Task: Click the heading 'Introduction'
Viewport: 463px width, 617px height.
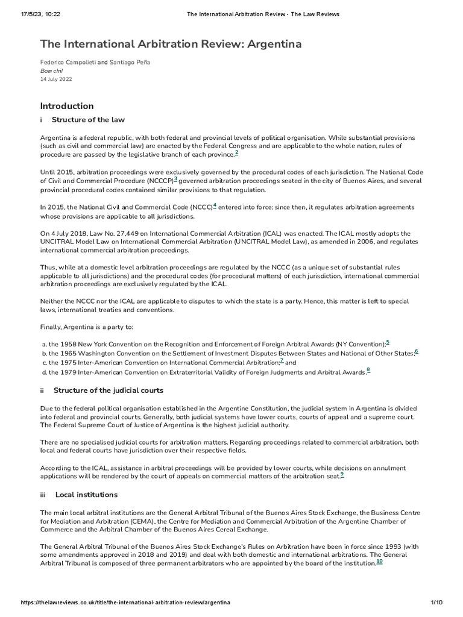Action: tap(66, 106)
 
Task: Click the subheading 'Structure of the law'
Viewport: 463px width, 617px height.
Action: tap(88, 120)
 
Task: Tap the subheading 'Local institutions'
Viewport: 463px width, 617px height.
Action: tap(86, 495)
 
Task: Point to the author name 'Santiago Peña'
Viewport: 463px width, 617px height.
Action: tap(130, 62)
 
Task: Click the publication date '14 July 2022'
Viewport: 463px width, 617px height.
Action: tap(55, 79)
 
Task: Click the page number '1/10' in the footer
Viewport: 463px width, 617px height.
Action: tap(437, 603)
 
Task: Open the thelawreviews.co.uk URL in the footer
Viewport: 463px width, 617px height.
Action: tap(125, 603)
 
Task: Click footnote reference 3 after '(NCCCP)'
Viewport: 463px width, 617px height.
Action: tap(175, 179)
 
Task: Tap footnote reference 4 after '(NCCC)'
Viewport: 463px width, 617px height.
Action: tap(215, 205)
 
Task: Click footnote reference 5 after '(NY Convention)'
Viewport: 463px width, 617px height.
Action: tap(388, 342)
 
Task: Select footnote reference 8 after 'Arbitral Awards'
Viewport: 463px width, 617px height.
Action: tap(368, 370)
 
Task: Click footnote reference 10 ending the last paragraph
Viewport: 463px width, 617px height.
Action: tap(379, 562)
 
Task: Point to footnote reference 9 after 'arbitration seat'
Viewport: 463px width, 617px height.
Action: tap(342, 474)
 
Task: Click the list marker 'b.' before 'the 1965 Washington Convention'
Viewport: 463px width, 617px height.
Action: tap(44, 352)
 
